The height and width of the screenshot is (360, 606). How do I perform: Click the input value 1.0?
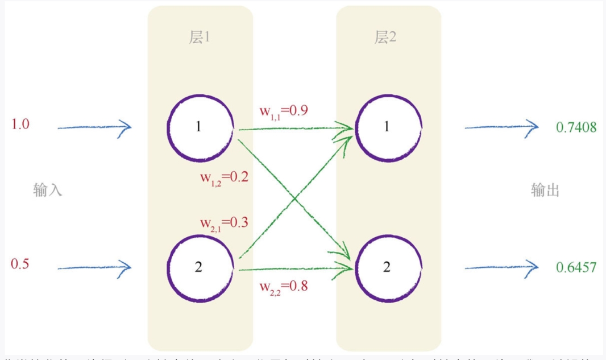click(20, 124)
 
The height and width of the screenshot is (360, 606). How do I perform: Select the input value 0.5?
click(20, 263)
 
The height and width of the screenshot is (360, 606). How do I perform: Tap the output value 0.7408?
click(576, 127)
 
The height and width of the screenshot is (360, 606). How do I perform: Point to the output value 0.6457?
click(576, 266)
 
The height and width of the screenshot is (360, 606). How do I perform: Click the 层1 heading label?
click(200, 38)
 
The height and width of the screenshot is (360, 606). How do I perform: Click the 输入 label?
click(48, 190)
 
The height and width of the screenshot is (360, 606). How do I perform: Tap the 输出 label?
click(545, 190)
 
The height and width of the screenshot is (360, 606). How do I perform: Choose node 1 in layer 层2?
click(389, 126)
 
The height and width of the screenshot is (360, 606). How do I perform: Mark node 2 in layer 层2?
click(389, 266)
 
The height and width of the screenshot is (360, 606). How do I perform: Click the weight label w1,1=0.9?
click(284, 110)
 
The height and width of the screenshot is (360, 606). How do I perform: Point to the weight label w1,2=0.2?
click(224, 177)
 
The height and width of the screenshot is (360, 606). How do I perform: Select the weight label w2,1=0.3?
click(224, 222)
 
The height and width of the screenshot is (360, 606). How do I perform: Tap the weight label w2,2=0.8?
click(284, 285)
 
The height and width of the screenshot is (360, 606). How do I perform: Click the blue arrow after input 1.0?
click(94, 127)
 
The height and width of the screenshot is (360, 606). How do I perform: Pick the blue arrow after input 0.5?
click(94, 266)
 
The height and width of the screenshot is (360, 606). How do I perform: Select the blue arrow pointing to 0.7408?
click(501, 127)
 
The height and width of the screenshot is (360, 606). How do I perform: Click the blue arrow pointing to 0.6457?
click(501, 266)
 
